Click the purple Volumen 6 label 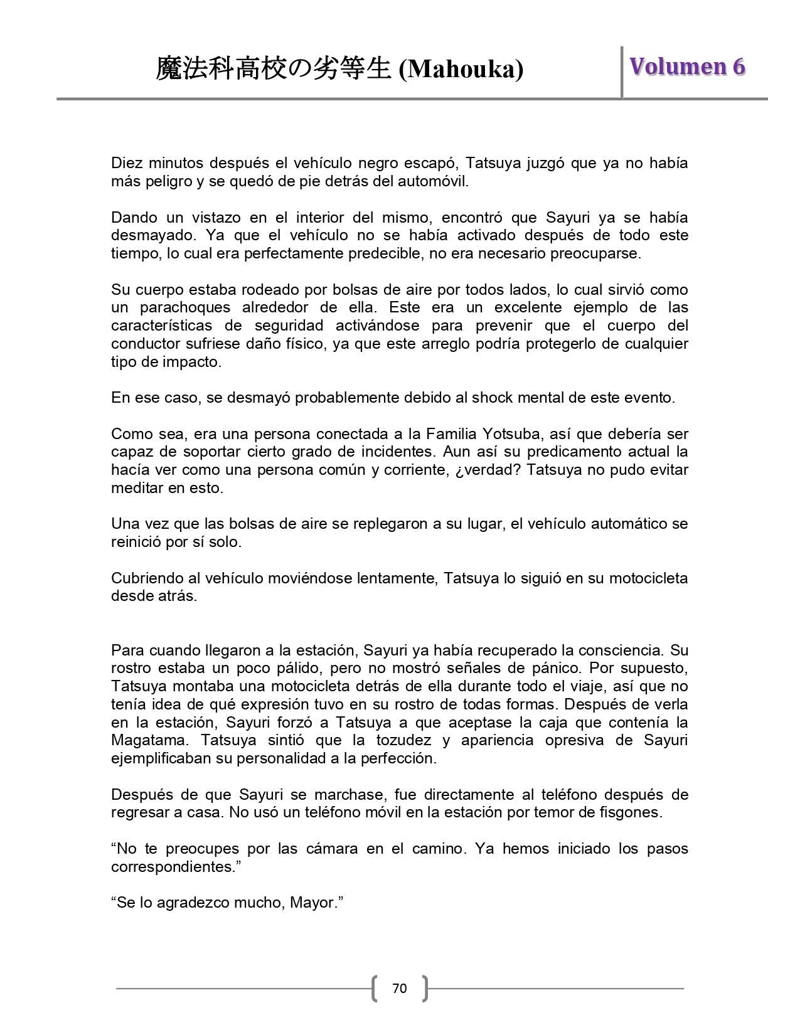(687, 66)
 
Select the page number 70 (399, 989)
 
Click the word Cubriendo (146, 578)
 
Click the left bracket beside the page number (375, 989)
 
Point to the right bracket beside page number (424, 989)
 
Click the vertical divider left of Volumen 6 (622, 72)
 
